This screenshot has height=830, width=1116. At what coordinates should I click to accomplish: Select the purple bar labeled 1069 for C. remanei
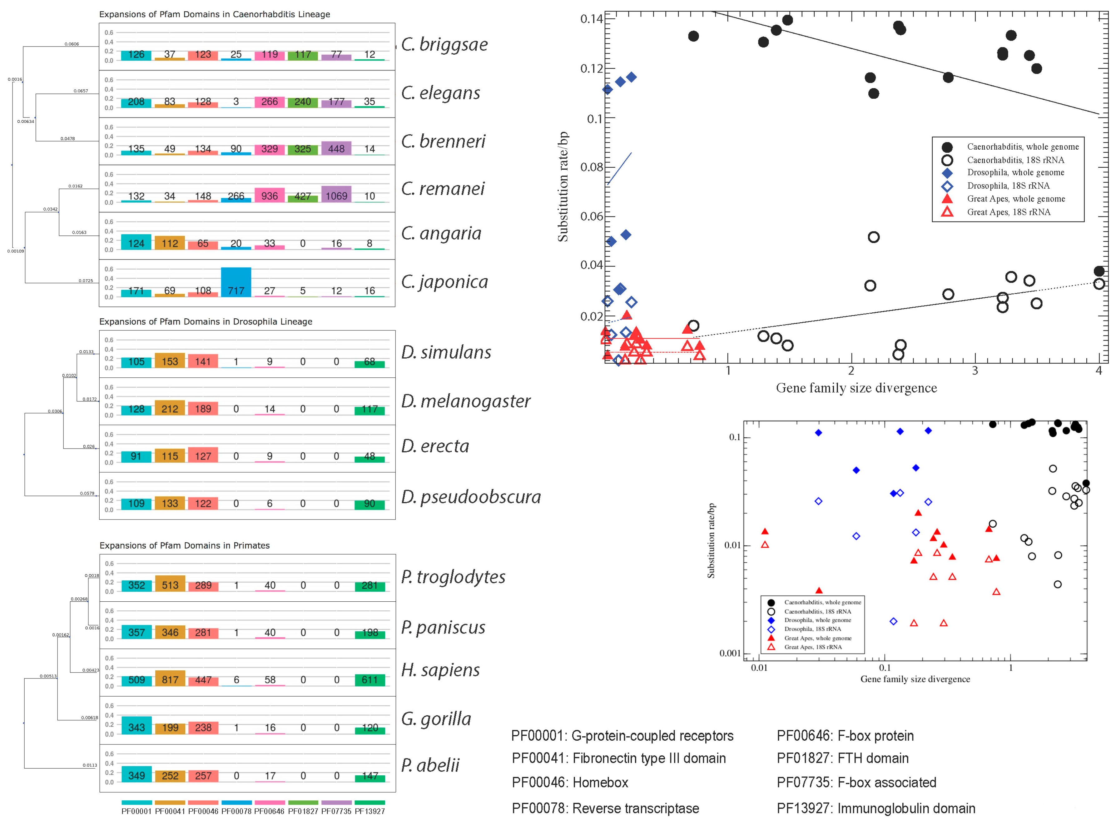click(336, 194)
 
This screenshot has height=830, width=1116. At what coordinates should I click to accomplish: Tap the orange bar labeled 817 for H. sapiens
click(170, 678)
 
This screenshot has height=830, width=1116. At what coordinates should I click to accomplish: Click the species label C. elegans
click(440, 93)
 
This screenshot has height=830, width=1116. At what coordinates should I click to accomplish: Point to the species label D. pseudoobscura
click(471, 497)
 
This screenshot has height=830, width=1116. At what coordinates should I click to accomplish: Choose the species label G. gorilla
click(436, 719)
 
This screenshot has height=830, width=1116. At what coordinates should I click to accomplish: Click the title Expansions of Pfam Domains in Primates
click(184, 546)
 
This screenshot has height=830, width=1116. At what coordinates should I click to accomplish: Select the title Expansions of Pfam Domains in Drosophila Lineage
click(206, 321)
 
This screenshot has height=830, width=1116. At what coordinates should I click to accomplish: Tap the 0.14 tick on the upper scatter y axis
click(591, 19)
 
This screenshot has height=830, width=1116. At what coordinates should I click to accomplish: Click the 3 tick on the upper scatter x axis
click(975, 371)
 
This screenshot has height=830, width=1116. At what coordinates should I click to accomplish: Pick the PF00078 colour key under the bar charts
click(236, 803)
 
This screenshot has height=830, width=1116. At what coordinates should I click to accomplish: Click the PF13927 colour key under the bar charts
click(370, 803)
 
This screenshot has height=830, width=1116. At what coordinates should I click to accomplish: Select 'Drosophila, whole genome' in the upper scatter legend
click(1015, 172)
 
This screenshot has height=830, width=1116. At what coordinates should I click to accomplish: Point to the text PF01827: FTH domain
click(842, 758)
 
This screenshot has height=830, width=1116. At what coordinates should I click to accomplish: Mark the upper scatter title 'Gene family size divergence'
click(856, 388)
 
